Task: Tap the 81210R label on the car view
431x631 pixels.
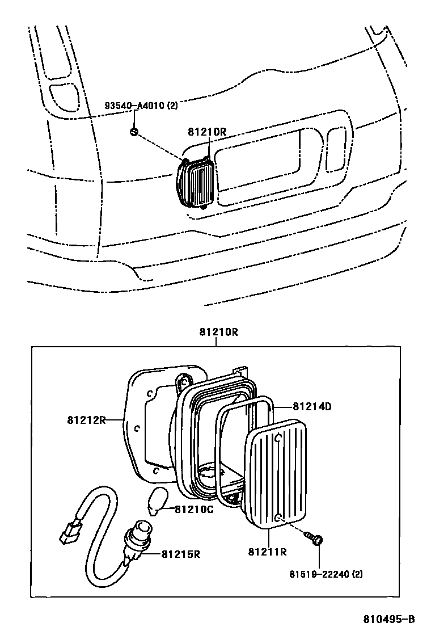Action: coord(207,132)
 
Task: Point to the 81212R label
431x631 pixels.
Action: coord(86,420)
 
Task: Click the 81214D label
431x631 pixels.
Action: coord(312,406)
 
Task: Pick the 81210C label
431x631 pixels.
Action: coord(194,509)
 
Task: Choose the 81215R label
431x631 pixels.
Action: coord(181,554)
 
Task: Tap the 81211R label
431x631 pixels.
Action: coord(267,551)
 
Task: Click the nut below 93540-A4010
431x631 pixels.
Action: coord(134,132)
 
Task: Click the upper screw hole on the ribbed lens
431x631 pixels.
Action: coord(278,438)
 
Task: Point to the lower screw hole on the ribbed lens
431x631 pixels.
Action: coord(278,517)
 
